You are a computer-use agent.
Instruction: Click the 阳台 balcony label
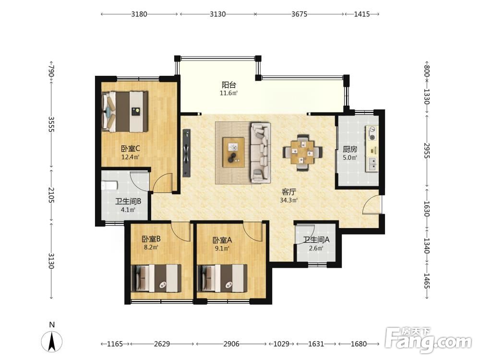(228, 85)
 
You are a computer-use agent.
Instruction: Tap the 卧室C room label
(131, 149)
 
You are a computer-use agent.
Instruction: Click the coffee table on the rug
(234, 152)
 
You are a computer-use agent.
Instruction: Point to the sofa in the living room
(261, 153)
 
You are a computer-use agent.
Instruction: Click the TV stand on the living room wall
(186, 153)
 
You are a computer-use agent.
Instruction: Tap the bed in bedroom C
(125, 111)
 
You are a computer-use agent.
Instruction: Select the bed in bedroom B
(156, 278)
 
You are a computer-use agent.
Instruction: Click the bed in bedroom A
(223, 278)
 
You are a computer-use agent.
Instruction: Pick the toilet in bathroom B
(109, 185)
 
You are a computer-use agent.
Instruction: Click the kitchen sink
(372, 164)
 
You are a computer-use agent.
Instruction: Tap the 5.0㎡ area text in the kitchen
(350, 157)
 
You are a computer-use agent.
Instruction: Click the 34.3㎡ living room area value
(288, 201)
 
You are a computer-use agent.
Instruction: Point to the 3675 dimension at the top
(299, 14)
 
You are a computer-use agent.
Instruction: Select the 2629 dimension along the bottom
(162, 344)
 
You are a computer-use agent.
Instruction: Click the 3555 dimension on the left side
(51, 124)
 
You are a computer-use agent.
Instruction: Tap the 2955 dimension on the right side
(427, 151)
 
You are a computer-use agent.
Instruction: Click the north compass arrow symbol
(52, 341)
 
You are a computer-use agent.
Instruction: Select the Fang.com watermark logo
(428, 340)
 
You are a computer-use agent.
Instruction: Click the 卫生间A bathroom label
(316, 240)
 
